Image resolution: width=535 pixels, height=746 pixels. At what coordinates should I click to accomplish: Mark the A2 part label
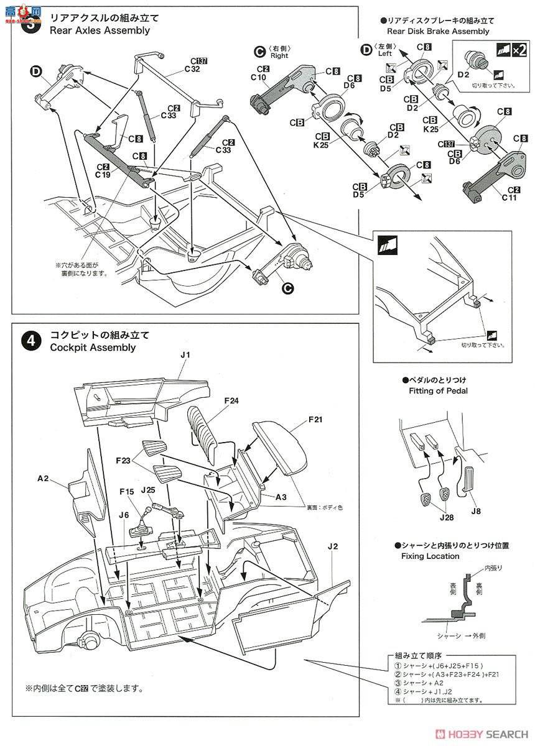click(x=43, y=479)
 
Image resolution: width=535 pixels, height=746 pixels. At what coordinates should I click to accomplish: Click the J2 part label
click(x=332, y=546)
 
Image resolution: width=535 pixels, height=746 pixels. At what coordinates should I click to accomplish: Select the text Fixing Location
click(x=435, y=556)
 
